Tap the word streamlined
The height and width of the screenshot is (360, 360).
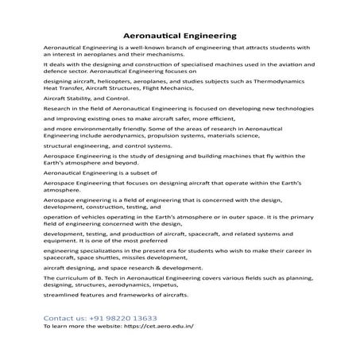point(64,295)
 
